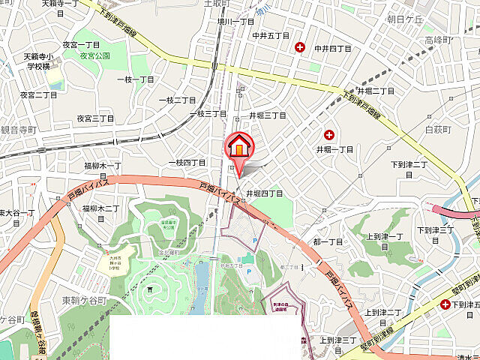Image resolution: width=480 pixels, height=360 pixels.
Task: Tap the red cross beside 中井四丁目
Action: click(301, 47)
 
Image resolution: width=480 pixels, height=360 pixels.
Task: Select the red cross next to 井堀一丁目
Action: click(328, 135)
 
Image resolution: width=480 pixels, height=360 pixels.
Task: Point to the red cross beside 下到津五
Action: click(446, 304)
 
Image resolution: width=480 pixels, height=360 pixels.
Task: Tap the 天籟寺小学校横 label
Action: click(37, 61)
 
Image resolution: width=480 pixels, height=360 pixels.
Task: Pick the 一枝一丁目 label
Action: click(136, 79)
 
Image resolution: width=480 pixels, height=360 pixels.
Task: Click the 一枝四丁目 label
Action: click(187, 162)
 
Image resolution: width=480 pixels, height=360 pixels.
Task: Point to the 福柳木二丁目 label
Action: click(102, 208)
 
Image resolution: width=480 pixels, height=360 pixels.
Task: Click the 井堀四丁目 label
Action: click(265, 193)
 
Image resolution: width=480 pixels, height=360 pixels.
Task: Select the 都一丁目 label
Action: click(328, 241)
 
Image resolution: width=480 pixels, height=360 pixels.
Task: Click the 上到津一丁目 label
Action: click(385, 241)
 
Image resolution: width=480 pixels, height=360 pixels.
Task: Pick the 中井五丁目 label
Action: click(271, 34)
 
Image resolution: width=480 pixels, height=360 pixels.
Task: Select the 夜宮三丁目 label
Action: click(96, 118)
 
